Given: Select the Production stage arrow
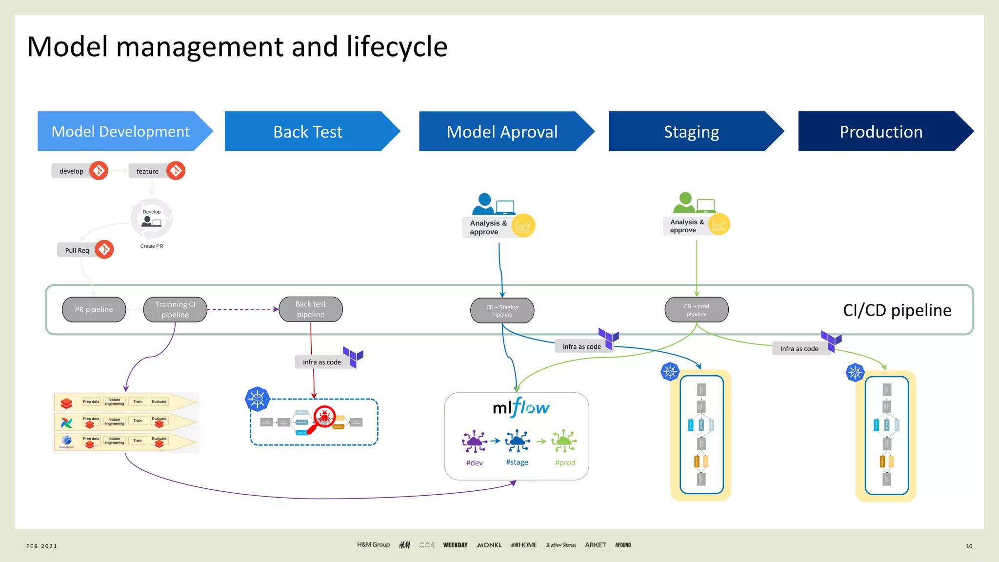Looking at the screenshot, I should coord(881,132).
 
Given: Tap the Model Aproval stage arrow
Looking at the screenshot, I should coord(502,132).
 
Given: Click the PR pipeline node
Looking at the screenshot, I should coord(94,309).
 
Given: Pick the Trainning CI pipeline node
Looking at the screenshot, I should coord(175,309).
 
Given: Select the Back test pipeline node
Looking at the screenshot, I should coord(311,309).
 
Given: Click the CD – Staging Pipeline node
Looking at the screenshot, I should coord(502,311).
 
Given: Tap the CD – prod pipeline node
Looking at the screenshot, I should coord(696,310).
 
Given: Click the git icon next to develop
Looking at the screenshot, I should coord(99,171).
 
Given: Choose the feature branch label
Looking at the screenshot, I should coord(147,171).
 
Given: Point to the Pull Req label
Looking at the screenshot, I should coord(77,250).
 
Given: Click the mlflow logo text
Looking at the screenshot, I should coord(520,407).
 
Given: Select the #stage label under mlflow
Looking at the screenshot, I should coord(517,462).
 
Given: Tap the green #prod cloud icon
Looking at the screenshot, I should coord(564,441).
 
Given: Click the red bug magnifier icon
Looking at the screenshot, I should coord(323,419).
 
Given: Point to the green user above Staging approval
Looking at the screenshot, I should coord(685,202).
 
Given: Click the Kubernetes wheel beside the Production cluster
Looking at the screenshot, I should coord(855,373).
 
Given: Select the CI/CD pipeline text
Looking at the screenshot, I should coord(897,310).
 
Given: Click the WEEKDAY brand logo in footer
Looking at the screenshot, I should coord(455,545).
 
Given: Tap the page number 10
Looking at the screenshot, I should coord(969,546).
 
